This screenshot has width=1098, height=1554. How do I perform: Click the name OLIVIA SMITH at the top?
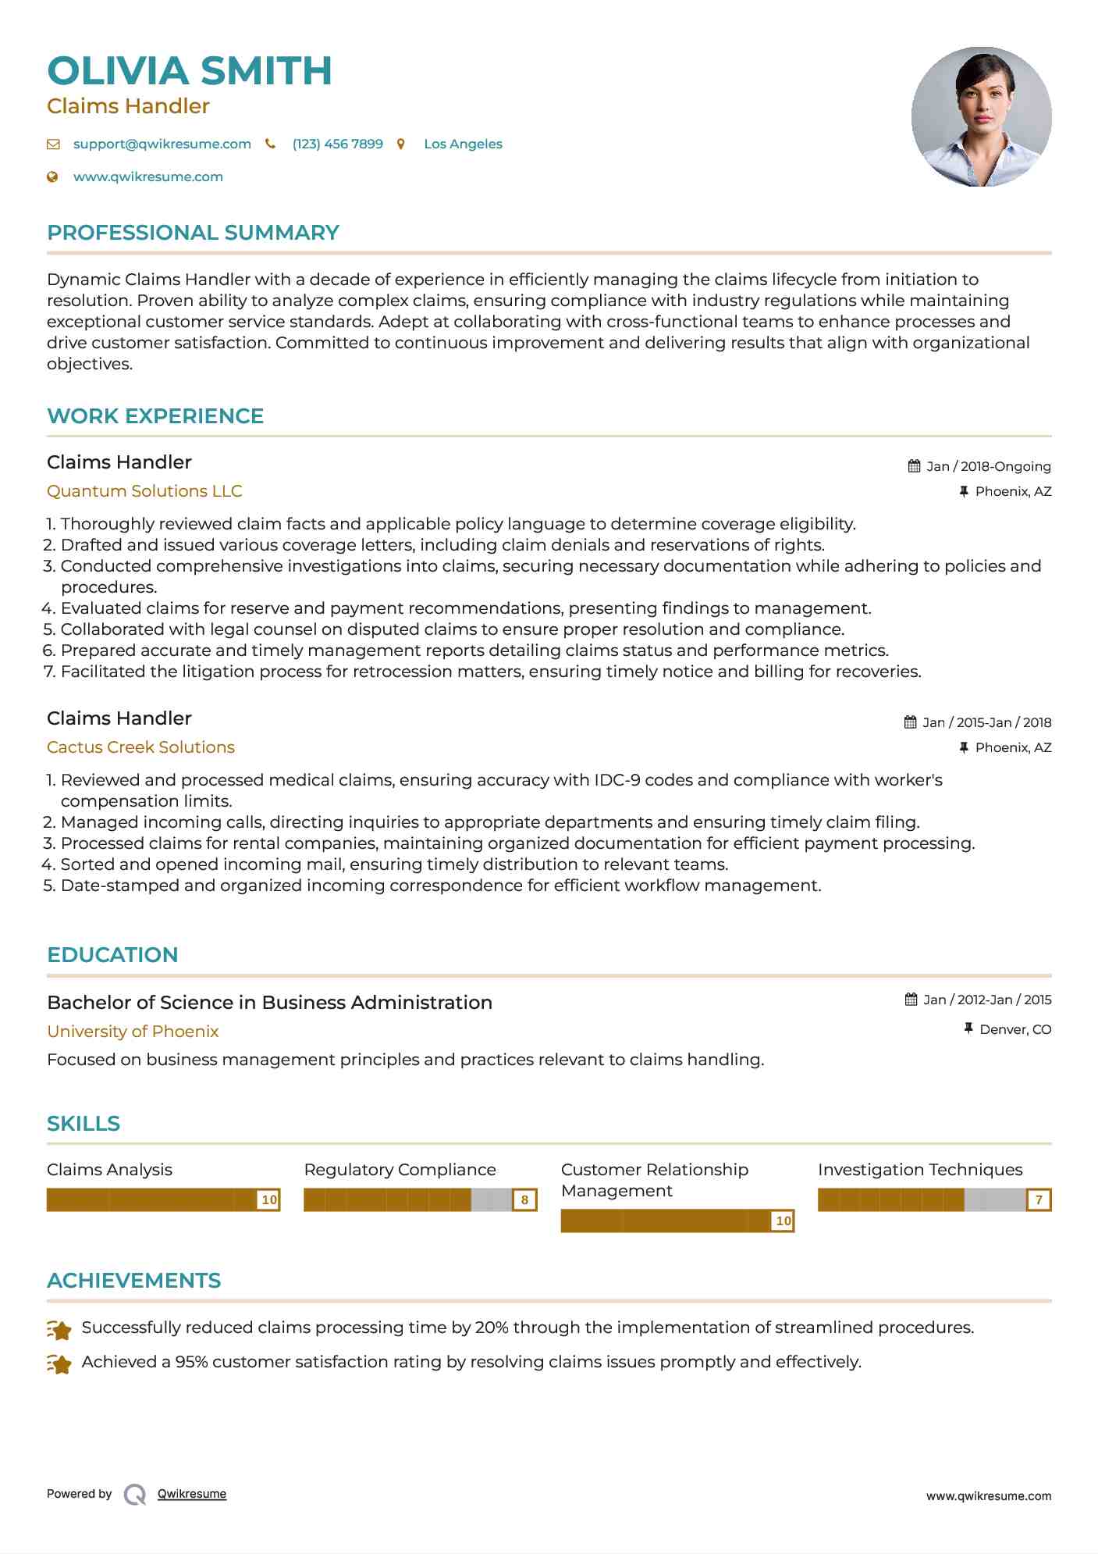click(x=190, y=71)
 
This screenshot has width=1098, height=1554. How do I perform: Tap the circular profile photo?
click(x=981, y=117)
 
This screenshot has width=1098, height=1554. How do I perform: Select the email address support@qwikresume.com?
click(x=162, y=144)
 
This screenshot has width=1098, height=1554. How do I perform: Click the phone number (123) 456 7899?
click(x=337, y=144)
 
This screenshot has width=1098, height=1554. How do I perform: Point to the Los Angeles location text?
click(x=463, y=144)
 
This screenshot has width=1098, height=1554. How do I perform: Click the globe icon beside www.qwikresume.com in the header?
click(x=53, y=177)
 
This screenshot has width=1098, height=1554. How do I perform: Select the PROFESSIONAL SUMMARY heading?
click(x=193, y=233)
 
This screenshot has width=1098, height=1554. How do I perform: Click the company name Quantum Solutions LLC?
click(x=144, y=491)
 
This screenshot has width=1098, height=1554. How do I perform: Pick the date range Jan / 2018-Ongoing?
click(x=988, y=467)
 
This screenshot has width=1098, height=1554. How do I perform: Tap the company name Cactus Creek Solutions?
click(x=140, y=747)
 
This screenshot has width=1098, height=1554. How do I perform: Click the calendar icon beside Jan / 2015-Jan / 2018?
click(x=910, y=722)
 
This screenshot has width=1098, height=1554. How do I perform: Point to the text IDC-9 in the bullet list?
click(x=617, y=780)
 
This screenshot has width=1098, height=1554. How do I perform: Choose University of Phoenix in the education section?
click(x=133, y=1032)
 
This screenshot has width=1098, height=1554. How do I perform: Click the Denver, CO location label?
click(x=1014, y=1030)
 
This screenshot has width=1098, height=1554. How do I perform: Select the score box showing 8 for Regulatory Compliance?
click(x=524, y=1200)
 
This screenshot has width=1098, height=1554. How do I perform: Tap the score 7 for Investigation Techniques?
click(x=1039, y=1200)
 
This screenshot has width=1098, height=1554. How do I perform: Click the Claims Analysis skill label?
click(x=109, y=1170)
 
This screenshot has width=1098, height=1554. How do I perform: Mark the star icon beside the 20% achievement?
click(x=59, y=1329)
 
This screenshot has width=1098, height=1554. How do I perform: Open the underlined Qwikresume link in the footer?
click(x=192, y=1495)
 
